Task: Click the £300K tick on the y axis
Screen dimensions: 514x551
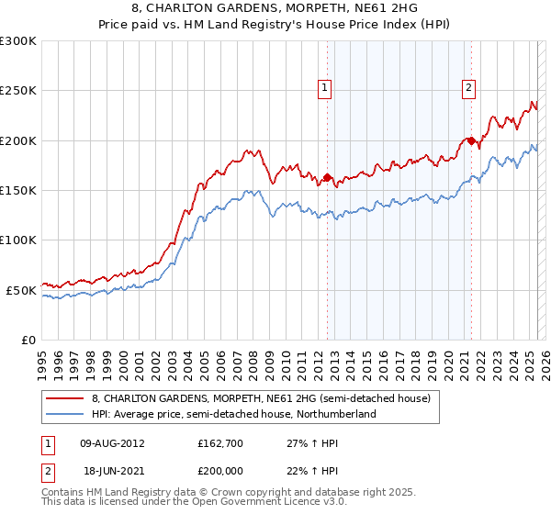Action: tap(18, 41)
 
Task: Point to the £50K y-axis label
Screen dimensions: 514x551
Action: tap(21, 290)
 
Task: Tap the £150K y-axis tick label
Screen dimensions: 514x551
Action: tap(18, 191)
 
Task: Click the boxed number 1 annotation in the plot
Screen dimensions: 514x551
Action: tap(326, 88)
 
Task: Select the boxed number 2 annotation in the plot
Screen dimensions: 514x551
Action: tap(469, 88)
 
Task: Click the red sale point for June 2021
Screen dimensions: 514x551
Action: tap(471, 140)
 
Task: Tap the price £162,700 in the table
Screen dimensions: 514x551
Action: tap(219, 443)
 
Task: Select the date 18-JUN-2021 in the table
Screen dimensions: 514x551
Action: tap(109, 469)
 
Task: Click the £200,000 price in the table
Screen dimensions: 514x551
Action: tap(219, 469)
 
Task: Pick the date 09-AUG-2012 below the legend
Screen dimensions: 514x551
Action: tap(110, 443)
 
